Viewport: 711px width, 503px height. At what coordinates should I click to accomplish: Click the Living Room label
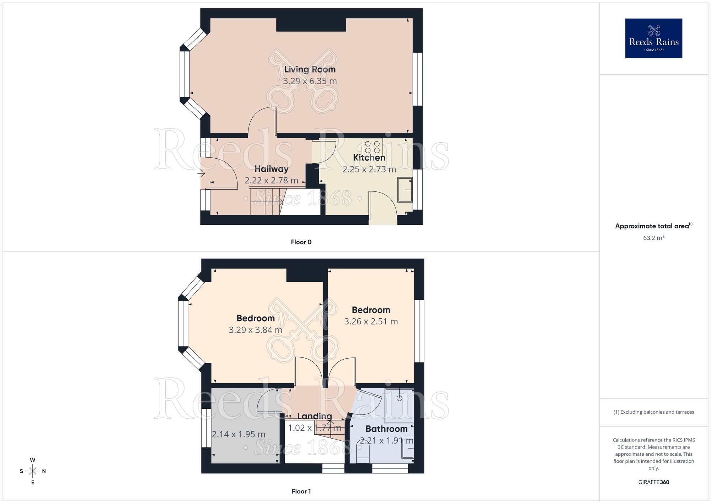tap(310, 69)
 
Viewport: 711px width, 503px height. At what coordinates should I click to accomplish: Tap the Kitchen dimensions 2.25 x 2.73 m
tap(369, 169)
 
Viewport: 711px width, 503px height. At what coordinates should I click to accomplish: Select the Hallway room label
tap(271, 169)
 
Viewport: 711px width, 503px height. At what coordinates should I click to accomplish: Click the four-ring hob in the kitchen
tap(372, 147)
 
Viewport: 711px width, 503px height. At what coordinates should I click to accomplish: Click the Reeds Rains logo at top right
tap(653, 38)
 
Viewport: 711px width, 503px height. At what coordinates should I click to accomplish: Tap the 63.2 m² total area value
tap(653, 238)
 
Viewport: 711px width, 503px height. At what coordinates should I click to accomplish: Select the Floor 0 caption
tap(301, 242)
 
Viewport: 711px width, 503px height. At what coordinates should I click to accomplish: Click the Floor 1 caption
tap(301, 491)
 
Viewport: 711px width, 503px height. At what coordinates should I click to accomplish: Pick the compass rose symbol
tap(33, 471)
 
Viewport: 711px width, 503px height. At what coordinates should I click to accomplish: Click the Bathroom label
tap(386, 429)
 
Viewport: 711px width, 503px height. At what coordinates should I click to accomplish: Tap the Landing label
tap(314, 416)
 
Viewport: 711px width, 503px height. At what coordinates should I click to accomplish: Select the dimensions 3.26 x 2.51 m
tap(371, 322)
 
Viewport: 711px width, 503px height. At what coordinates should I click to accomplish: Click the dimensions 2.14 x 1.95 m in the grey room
tap(239, 434)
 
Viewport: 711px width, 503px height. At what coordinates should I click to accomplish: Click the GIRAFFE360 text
tap(653, 482)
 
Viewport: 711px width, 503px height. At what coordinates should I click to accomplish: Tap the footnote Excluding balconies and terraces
tap(653, 412)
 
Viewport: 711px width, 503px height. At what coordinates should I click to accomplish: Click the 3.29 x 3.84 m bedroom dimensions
tap(256, 330)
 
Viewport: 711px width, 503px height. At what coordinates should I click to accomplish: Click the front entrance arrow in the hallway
tap(201, 174)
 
